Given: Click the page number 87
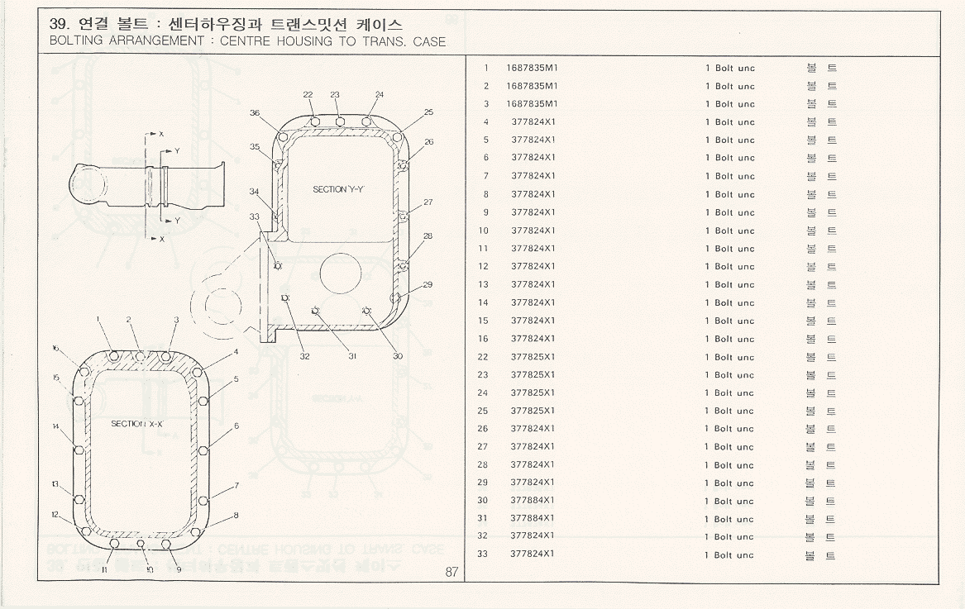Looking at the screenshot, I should coord(451,572).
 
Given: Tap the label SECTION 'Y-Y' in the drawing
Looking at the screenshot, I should coord(339,189).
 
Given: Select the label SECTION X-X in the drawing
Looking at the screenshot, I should coord(137,423).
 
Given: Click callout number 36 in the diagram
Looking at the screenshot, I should coord(255,113).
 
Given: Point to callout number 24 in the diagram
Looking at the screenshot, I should coord(380,95).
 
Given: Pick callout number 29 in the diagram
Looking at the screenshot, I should coord(428,285).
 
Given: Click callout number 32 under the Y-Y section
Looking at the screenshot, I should coord(305,356).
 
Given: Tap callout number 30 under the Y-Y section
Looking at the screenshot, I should coord(398,356).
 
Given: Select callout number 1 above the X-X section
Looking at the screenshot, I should coord(98,319).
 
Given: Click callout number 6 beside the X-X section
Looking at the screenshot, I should coord(236,426).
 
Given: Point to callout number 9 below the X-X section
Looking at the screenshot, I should coord(179,570).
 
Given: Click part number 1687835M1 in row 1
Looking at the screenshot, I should coord(532,68).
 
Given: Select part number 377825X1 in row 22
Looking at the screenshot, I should coord(533,357).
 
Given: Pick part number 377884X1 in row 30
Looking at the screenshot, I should coord(533,501).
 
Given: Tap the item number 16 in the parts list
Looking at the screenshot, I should coord(483,339).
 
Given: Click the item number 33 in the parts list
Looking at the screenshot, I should coord(483,554).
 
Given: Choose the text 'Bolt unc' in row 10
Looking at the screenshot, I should coord(734,231).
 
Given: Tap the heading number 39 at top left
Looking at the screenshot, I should coord(59,25).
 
